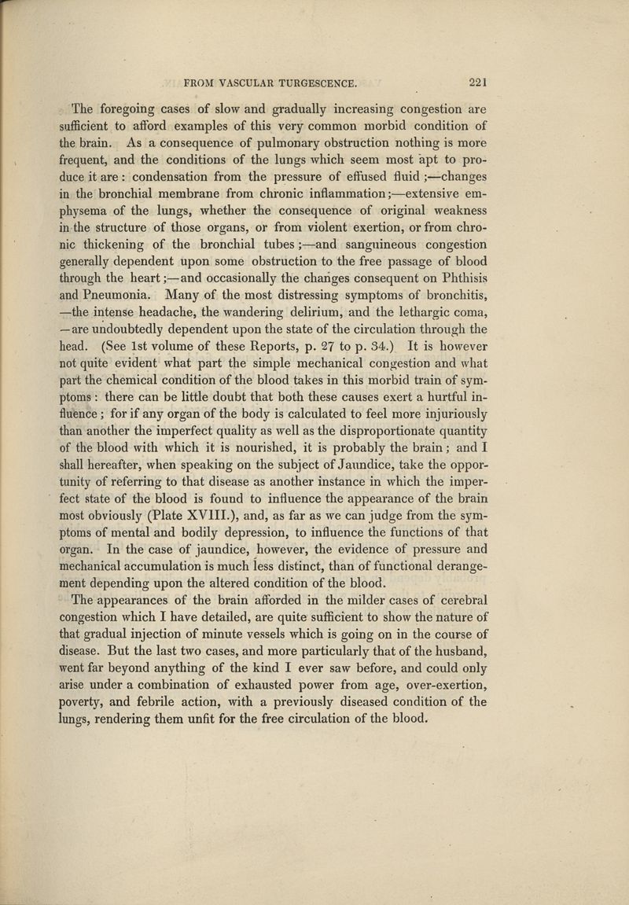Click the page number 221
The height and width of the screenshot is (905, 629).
pyautogui.click(x=477, y=79)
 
